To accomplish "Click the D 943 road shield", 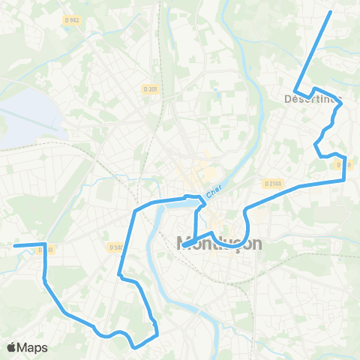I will point(73,20).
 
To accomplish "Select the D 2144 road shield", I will point(274,182).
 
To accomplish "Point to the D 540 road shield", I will point(115,247).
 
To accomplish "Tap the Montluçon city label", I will point(220,243).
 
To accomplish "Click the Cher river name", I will point(215,192).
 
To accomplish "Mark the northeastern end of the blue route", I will point(331,13).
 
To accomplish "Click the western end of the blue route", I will point(15,245).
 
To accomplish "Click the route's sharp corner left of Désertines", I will point(295,91).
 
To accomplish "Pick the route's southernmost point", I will point(133,347).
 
